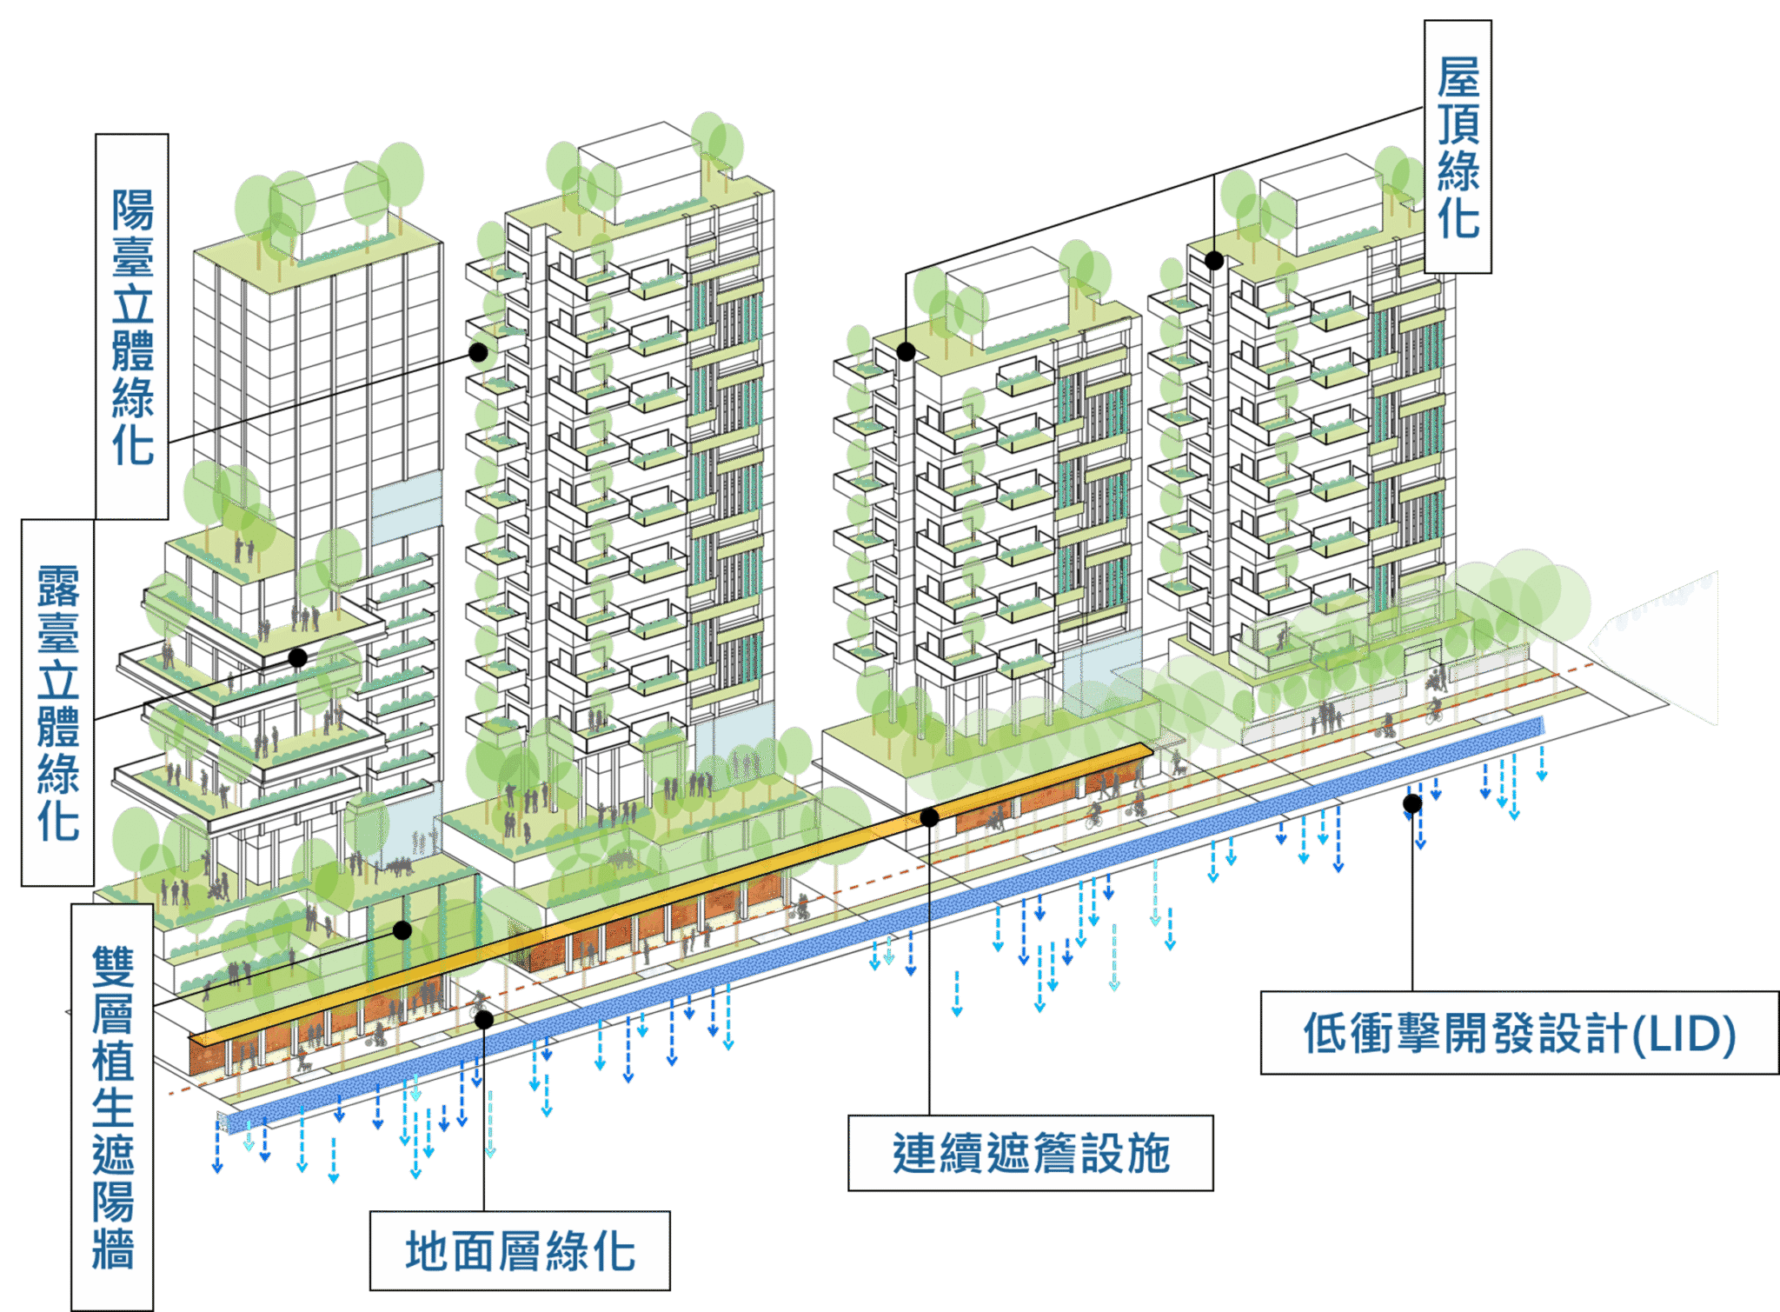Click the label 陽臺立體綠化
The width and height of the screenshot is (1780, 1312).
pyautogui.click(x=131, y=326)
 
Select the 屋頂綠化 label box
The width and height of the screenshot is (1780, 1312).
pyautogui.click(x=1458, y=147)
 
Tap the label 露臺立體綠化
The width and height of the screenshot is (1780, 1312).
pyautogui.click(x=57, y=703)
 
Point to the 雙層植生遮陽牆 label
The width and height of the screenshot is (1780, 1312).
pyautogui.click(x=112, y=1106)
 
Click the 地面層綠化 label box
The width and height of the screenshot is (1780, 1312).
pyautogui.click(x=520, y=1250)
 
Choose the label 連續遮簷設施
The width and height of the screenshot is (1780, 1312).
pyautogui.click(x=1031, y=1153)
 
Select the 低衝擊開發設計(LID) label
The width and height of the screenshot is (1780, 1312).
pyautogui.click(x=1518, y=1033)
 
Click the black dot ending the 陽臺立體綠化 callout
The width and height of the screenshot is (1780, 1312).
pyautogui.click(x=478, y=352)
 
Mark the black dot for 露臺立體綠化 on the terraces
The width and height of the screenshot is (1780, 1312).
pyautogui.click(x=298, y=657)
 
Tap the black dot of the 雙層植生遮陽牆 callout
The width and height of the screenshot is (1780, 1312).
pyautogui.click(x=402, y=930)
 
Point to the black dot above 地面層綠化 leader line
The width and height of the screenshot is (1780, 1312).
pyautogui.click(x=484, y=1020)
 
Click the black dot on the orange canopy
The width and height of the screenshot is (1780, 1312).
pyautogui.click(x=929, y=817)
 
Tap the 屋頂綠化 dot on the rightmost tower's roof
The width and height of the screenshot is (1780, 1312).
pyautogui.click(x=1214, y=260)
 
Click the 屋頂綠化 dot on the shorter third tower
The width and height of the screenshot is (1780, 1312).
pyautogui.click(x=906, y=352)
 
